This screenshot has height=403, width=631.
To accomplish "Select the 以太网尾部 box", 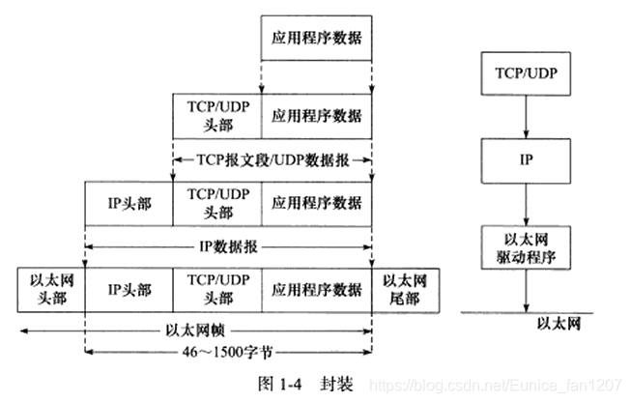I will click(x=404, y=288).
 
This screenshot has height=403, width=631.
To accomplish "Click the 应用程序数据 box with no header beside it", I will click(x=317, y=40).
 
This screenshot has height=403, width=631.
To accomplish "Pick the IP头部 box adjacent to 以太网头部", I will click(x=129, y=288).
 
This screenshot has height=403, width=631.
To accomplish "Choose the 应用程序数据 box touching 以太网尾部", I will click(x=317, y=288).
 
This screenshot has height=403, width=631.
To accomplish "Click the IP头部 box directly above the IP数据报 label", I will click(x=129, y=203).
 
